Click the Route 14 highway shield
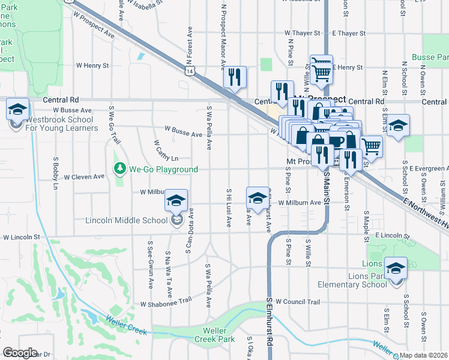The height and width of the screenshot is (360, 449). pyautogui.click(x=190, y=71)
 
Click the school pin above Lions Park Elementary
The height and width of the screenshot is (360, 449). pyautogui.click(x=396, y=268)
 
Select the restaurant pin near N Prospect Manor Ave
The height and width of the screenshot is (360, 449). pyautogui.click(x=234, y=76)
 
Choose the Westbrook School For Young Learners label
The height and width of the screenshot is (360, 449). pyautogui.click(x=62, y=124)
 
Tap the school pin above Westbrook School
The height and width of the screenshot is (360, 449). pyautogui.click(x=18, y=109)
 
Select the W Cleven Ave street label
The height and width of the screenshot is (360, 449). pyautogui.click(x=84, y=177)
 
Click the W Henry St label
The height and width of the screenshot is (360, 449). pyautogui.click(x=92, y=65)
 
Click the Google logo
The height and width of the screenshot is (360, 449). pyautogui.click(x=20, y=353)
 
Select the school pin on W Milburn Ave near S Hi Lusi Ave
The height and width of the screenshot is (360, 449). pyautogui.click(x=257, y=198)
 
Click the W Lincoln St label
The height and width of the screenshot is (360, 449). pyautogui.click(x=21, y=238)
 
